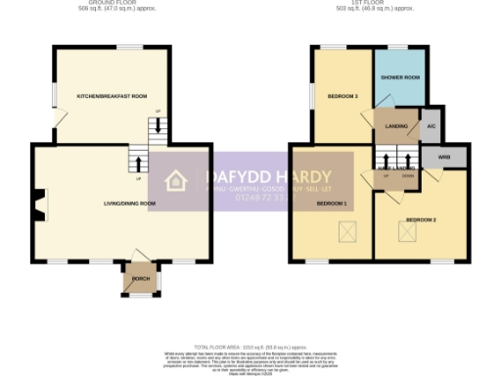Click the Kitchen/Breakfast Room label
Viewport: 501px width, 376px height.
(x=112, y=96)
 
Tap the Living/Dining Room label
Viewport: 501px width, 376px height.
(x=130, y=204)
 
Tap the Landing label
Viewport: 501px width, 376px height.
(x=396, y=125)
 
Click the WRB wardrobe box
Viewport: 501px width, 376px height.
(x=444, y=156)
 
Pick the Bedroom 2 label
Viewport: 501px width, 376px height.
(x=421, y=219)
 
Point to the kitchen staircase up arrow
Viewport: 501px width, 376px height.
(x=155, y=126)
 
